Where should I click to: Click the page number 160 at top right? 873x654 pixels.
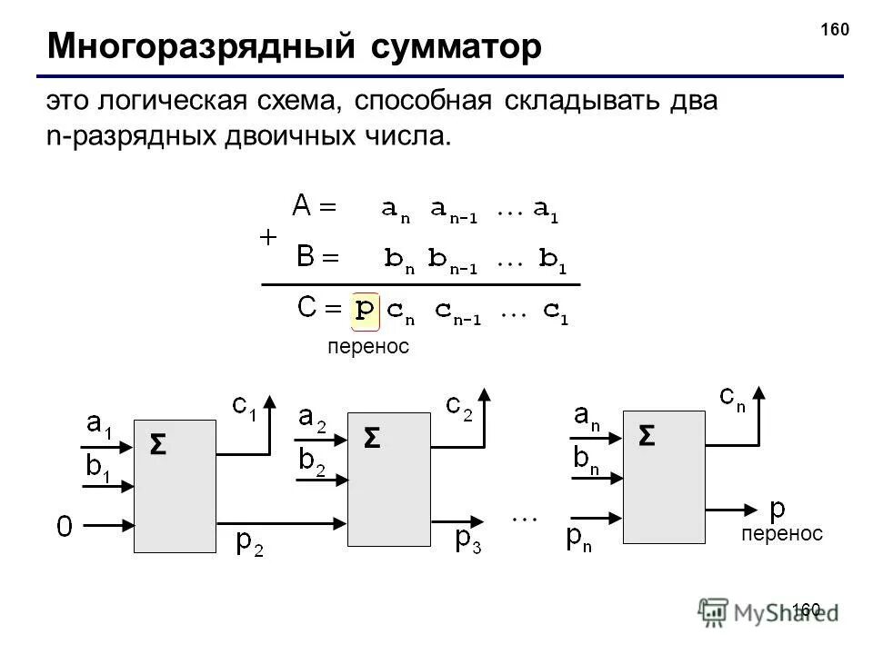[x=834, y=30]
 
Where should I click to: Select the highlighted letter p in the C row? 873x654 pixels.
[x=365, y=310]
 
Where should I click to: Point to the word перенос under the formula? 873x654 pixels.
[x=367, y=347]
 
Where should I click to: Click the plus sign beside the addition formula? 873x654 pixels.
[x=268, y=237]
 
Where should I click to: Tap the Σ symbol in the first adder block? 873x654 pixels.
[x=157, y=446]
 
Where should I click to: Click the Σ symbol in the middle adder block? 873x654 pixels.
[x=371, y=439]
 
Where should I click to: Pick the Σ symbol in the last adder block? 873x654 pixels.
[x=646, y=437]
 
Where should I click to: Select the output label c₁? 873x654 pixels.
[x=245, y=407]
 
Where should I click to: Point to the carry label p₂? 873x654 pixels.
[x=249, y=542]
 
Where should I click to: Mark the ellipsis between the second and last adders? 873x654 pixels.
[x=525, y=518]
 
